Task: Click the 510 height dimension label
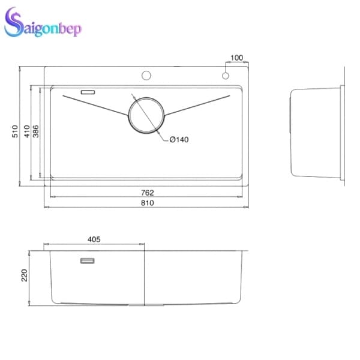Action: click(x=15, y=131)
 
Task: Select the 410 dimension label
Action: click(x=26, y=131)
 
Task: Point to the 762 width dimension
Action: click(x=148, y=193)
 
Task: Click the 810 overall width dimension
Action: click(x=148, y=203)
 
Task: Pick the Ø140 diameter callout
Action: click(x=179, y=140)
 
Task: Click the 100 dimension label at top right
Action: click(x=236, y=58)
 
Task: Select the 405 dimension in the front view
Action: click(x=94, y=239)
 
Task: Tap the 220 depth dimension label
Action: click(x=24, y=275)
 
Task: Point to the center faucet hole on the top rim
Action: click(x=146, y=76)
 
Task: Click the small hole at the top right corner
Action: click(x=226, y=76)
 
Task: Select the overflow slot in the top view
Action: click(x=88, y=92)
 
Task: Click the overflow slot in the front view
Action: click(x=88, y=260)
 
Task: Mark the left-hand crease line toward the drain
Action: click(x=96, y=104)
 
